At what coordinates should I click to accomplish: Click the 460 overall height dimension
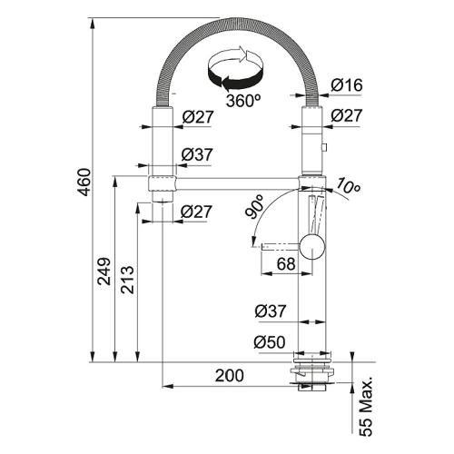84,182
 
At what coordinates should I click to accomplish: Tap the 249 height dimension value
104,271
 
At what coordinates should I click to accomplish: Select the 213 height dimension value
127,280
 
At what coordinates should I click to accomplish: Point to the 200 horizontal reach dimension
229,376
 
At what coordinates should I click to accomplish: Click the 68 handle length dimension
286,264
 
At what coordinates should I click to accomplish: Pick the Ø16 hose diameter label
347,85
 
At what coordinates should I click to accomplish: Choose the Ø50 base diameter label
270,342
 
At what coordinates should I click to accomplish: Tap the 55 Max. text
367,406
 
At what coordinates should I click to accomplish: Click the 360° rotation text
243,101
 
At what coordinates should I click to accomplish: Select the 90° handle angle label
255,207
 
